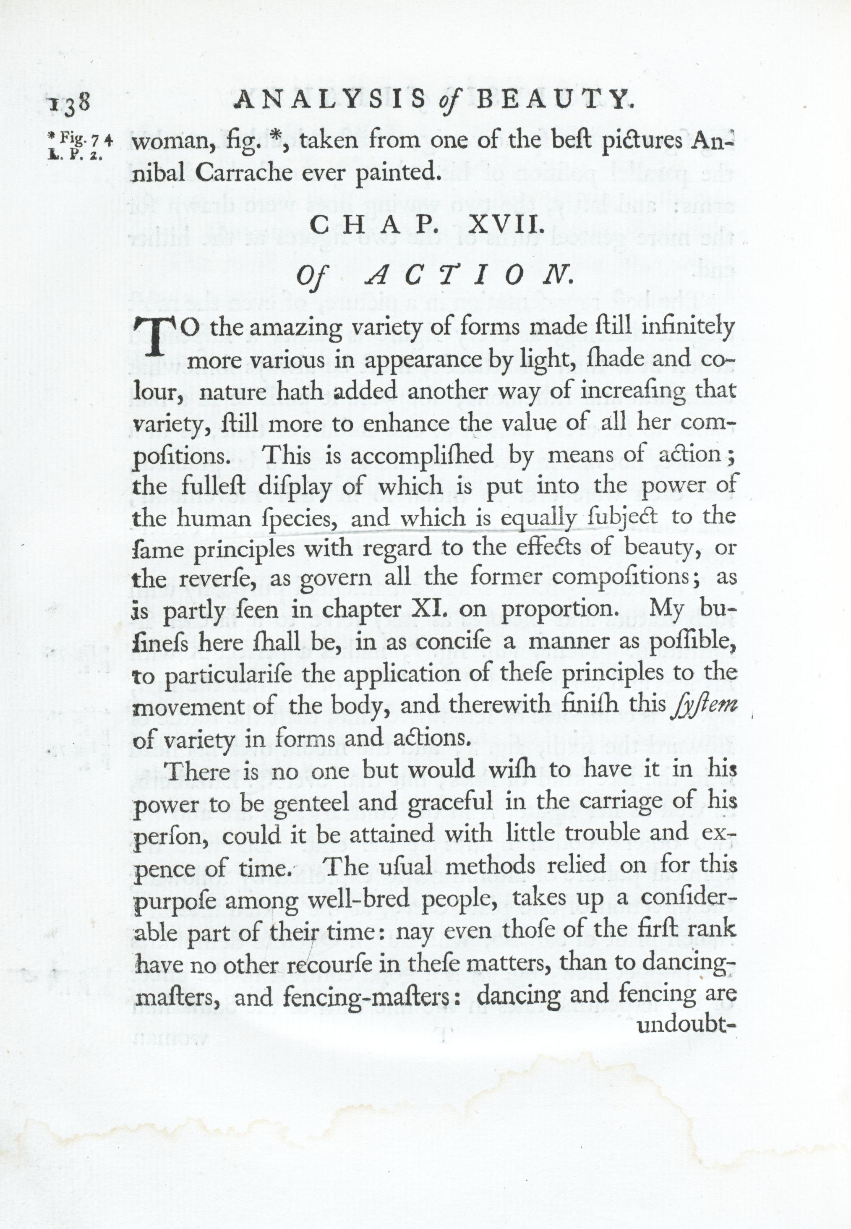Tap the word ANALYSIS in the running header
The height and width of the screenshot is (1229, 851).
click(x=330, y=100)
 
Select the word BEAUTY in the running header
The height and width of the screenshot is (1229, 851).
click(x=555, y=100)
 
